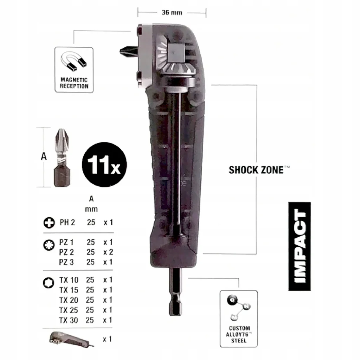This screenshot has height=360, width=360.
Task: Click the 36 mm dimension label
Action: point(172,12)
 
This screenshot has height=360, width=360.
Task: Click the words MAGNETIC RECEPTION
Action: point(74,83)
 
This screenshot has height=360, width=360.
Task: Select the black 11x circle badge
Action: point(104,165)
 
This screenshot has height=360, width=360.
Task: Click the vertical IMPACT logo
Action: point(300,246)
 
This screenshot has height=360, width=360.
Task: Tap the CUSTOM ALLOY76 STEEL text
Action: point(239,334)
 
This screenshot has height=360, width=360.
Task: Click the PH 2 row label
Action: point(67,222)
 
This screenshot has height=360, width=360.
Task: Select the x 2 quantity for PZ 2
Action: point(108,252)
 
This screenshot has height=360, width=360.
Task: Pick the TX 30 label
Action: point(69,320)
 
